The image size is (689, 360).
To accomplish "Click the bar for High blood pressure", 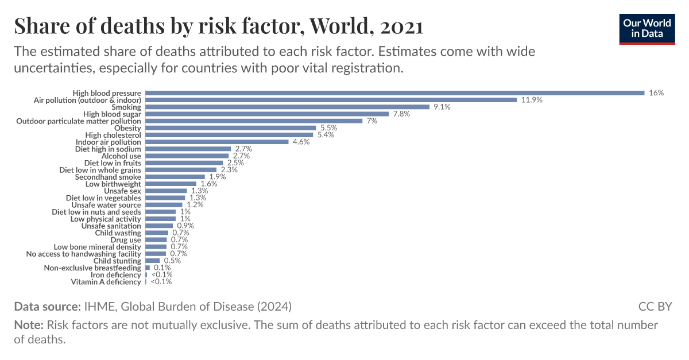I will tap(394, 93).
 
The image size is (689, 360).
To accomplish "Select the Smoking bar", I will tap(287, 107).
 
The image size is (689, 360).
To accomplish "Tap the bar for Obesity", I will tap(230, 128).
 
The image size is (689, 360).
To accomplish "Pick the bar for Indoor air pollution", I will tap(216, 142).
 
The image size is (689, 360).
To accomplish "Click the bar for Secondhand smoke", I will tap(175, 177).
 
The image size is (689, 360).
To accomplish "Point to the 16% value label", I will tap(656, 93).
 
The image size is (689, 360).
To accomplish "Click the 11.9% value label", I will tap(532, 100).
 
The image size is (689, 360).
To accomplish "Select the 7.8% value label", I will tap(402, 114).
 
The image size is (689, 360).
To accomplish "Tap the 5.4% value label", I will tap(326, 135).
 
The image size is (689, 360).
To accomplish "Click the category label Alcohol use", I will tap(121, 156).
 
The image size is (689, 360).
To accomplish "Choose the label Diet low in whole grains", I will tap(100, 170).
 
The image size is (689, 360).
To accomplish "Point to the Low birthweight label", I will tap(113, 184).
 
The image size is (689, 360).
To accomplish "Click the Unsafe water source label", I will tap(106, 205).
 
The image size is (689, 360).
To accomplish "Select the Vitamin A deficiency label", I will tap(106, 282).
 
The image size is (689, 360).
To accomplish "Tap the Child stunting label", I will tap(117, 261).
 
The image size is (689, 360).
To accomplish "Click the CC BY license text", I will tap(655, 306).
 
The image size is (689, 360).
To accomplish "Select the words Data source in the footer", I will tap(47, 306).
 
